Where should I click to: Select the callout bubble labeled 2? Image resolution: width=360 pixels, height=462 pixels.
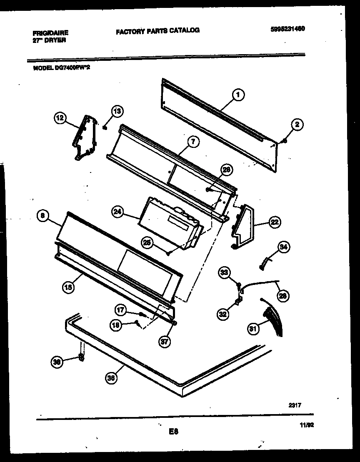297,124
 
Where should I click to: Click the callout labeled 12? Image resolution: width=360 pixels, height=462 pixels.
60,118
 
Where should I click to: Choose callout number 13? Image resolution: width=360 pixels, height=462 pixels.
117,111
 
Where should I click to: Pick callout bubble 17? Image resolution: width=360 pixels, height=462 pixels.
121,310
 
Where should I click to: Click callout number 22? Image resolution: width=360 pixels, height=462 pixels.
274,222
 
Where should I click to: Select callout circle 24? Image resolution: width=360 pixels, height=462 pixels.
118,212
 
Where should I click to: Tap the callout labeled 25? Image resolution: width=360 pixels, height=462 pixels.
147,243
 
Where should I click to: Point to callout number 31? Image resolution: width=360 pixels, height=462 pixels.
252,329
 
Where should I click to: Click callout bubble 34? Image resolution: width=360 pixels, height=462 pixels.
283,247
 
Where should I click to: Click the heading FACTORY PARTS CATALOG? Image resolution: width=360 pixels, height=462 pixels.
157,30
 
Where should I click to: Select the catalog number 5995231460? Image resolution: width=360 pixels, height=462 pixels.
287,29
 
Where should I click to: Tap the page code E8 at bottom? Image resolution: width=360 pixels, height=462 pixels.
174,432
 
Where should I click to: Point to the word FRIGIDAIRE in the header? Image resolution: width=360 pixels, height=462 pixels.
50,32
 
